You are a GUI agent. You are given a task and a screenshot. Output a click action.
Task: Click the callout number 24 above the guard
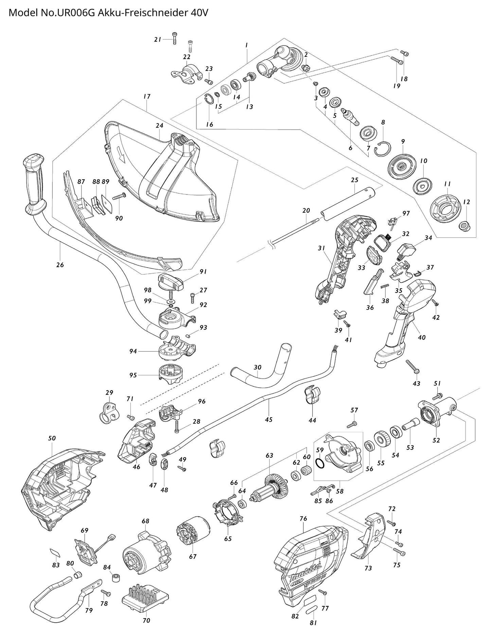click(159, 125)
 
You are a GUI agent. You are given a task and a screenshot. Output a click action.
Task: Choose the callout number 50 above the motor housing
click(52, 438)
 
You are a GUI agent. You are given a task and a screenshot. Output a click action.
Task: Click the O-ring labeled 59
click(320, 463)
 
